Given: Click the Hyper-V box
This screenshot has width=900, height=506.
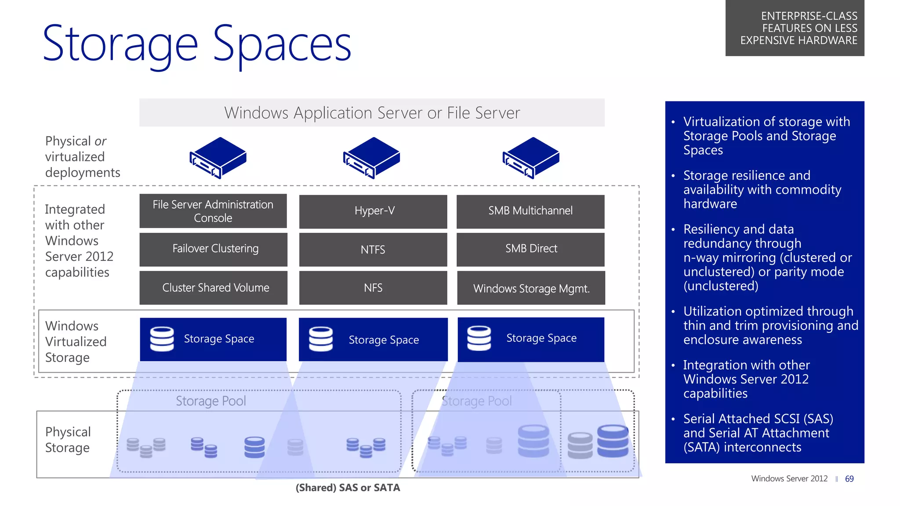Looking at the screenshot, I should [x=373, y=211].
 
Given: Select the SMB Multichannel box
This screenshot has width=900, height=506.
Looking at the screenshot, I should [x=530, y=211].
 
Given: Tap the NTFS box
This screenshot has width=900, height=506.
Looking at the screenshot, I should [x=373, y=249].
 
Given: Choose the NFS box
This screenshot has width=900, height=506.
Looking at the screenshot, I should [x=373, y=288].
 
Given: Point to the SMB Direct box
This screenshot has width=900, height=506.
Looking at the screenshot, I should [x=530, y=249].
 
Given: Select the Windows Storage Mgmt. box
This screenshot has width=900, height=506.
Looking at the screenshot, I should [x=531, y=288].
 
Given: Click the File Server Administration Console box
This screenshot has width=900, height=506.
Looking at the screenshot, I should [x=213, y=211].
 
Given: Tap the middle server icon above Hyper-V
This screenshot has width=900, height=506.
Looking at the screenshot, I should [x=372, y=158].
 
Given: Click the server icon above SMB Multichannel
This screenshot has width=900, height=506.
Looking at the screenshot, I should [x=531, y=158].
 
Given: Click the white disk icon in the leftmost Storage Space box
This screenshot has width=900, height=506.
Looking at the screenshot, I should [x=162, y=339].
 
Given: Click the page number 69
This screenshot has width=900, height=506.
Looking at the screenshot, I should [x=849, y=479].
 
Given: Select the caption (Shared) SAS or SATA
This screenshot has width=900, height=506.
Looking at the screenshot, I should [x=348, y=488].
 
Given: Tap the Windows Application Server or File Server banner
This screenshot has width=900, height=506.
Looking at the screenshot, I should [x=372, y=113].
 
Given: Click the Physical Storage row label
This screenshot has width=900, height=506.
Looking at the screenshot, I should [x=68, y=440].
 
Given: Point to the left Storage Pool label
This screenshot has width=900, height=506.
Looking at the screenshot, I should [x=211, y=401].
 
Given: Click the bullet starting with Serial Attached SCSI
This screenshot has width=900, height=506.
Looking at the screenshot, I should [x=758, y=433].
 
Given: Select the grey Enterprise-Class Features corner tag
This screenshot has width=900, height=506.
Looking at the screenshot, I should [x=795, y=28].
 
